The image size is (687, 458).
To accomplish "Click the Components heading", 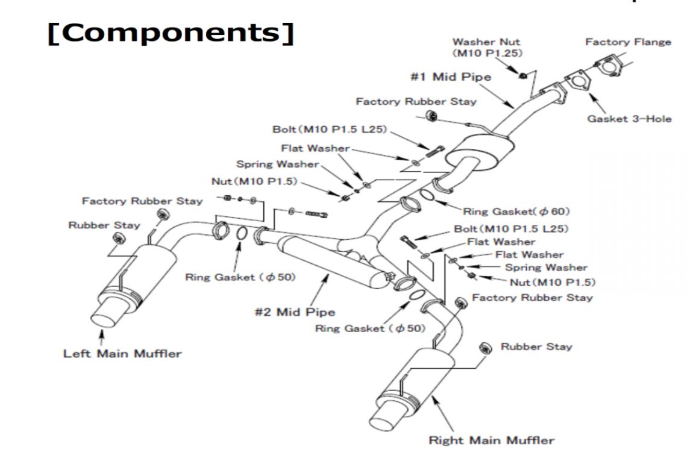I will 170,34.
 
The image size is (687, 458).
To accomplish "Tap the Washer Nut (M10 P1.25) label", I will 487,48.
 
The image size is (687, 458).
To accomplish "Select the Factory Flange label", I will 628,42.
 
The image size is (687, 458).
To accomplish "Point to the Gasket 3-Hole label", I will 629,119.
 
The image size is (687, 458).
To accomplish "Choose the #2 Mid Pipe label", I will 295,312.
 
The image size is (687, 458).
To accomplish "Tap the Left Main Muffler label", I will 122,353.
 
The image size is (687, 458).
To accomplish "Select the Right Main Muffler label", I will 491,440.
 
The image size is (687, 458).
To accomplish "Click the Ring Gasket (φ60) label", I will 516,212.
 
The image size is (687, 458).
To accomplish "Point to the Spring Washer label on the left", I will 277,164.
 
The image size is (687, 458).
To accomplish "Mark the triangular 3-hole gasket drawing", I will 577,83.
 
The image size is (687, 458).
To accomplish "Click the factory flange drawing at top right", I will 607,65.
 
